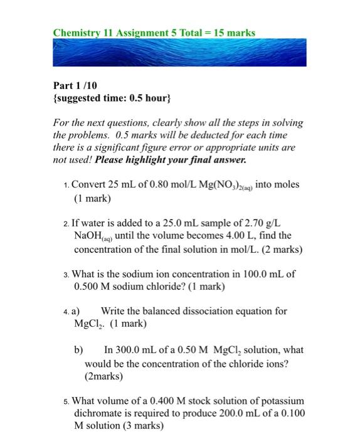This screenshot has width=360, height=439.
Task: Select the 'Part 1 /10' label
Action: pyautogui.click(x=75, y=85)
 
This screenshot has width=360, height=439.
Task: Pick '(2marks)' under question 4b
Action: pyautogui.click(x=104, y=376)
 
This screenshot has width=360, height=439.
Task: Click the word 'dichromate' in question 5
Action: pyautogui.click(x=101, y=413)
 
